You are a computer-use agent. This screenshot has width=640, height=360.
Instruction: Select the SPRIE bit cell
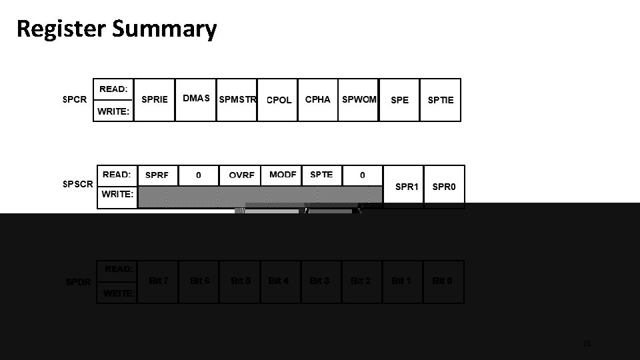155,99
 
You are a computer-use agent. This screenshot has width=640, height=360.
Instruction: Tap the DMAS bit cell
196,99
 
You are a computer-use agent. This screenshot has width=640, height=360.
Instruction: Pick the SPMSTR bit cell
237,100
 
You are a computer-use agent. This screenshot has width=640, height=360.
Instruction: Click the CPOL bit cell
279,100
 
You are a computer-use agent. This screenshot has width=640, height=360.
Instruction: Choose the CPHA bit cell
317,99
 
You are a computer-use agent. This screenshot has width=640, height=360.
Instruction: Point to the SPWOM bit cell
359,99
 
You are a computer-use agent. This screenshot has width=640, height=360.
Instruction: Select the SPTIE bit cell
441,100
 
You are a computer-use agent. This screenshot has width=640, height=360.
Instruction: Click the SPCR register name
75,99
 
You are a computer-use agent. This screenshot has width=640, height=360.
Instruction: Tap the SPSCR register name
78,184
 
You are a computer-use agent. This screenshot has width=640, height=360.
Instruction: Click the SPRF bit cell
157,175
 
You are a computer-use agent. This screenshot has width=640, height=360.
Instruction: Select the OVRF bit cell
241,175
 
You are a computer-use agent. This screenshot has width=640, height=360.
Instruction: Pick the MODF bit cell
283,175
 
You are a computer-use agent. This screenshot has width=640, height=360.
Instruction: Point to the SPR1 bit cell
407,187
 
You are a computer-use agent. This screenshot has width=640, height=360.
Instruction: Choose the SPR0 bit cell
444,187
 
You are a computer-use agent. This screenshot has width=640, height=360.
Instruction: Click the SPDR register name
78,282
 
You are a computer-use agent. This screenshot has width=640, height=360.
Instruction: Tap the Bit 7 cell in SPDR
159,281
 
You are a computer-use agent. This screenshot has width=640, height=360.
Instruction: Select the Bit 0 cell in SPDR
442,281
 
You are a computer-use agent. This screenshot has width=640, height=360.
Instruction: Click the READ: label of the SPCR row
114,89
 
